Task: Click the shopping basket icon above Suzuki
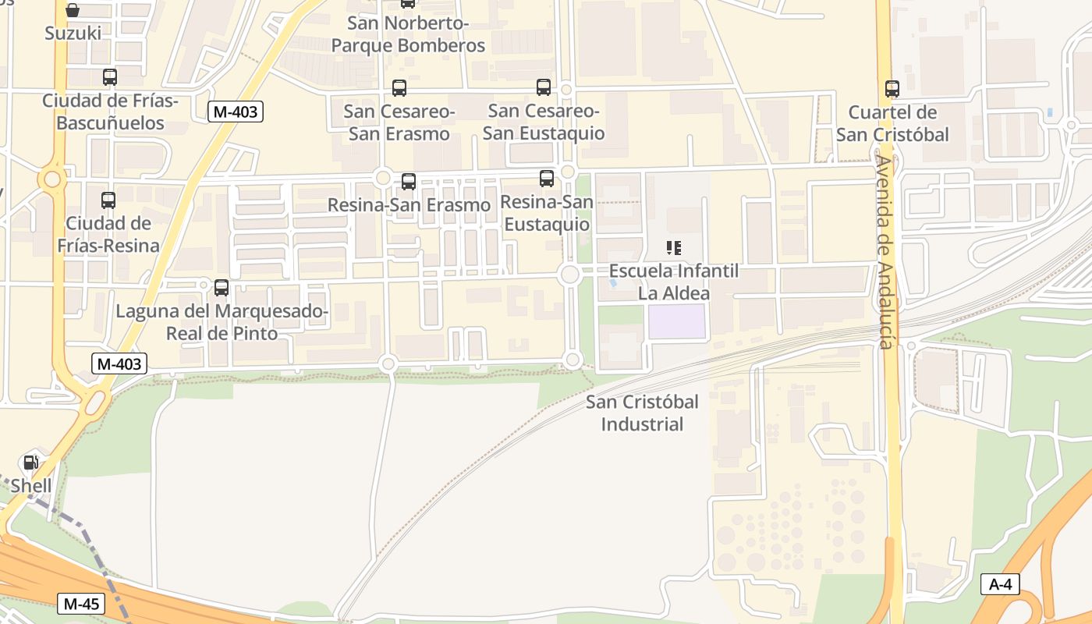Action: pos(73,10)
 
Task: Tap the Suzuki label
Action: pos(73,33)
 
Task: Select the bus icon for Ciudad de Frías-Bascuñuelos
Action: pos(110,77)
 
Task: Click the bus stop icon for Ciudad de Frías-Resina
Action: pos(108,200)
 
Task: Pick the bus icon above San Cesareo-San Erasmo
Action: pos(399,88)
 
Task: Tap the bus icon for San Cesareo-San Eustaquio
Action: pos(544,87)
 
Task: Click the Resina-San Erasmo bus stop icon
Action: pos(408,182)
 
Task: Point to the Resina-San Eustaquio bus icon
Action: pos(547,179)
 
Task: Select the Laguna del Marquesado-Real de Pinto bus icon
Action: pos(222,288)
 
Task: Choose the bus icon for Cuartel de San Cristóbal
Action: pos(892,89)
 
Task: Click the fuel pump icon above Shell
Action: pos(31,463)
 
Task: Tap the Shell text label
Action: pos(31,486)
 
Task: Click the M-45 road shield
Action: pos(81,603)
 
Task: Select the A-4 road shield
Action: pos(1000,584)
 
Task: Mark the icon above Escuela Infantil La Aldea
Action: pos(674,249)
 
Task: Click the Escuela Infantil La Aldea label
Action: pos(674,282)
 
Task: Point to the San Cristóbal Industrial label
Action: pos(642,413)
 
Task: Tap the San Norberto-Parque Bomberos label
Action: pos(408,34)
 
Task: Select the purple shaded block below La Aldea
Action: pos(677,321)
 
